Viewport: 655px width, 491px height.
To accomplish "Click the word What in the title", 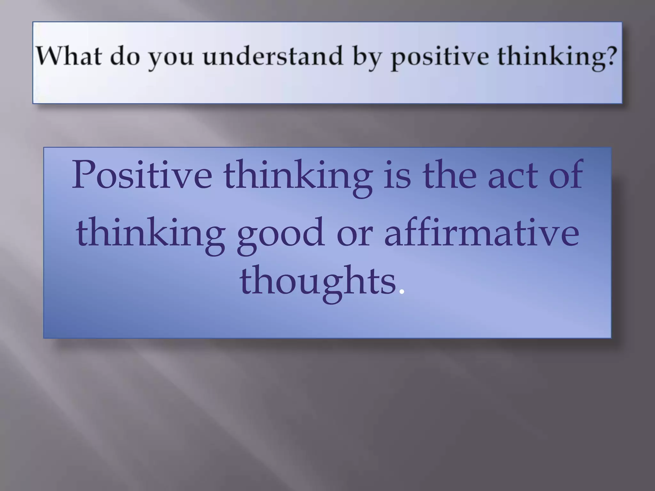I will click(x=68, y=56).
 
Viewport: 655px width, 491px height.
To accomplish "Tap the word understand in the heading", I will click(x=272, y=56).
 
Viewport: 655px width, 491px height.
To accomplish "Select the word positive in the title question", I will click(x=440, y=57).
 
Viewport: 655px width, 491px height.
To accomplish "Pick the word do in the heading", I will click(x=125, y=56).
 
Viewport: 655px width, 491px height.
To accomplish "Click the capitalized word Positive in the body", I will click(x=142, y=175).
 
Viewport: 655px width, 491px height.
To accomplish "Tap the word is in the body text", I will click(x=397, y=175).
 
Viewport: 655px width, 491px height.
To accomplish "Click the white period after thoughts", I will click(x=402, y=292).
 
